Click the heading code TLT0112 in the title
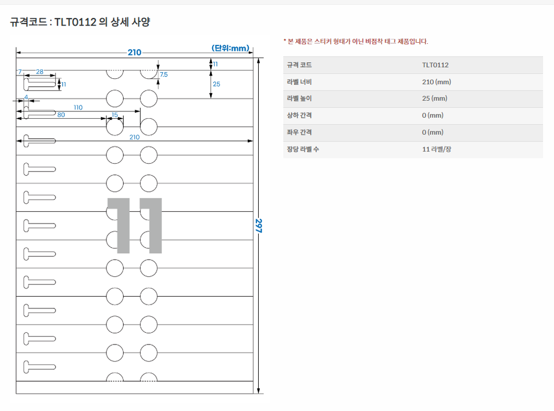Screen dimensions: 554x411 [x=75, y=22]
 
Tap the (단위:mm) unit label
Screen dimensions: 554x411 [x=230, y=48]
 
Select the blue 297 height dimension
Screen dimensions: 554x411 [x=259, y=226]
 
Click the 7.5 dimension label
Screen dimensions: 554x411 [x=163, y=75]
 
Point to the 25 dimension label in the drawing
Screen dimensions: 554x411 [x=216, y=84]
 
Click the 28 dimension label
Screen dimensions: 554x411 [x=39, y=72]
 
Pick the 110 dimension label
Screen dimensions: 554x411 [x=78, y=108]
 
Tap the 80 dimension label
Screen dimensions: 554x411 [x=61, y=115]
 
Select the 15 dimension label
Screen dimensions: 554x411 [x=115, y=115]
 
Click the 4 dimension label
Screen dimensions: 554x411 [x=26, y=97]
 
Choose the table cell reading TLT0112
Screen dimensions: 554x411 [x=435, y=65]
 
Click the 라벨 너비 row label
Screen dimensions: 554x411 [x=299, y=82]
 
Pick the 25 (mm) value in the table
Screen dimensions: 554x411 [x=434, y=98]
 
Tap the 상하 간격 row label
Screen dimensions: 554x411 [x=299, y=115]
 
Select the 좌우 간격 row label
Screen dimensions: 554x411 [x=299, y=132]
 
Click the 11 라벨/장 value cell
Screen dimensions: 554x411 [x=437, y=149]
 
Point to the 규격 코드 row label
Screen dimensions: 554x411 [x=299, y=65]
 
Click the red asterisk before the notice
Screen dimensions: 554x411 [x=285, y=40]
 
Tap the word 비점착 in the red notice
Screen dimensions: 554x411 [x=374, y=42]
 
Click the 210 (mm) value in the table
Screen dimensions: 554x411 [x=437, y=82]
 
